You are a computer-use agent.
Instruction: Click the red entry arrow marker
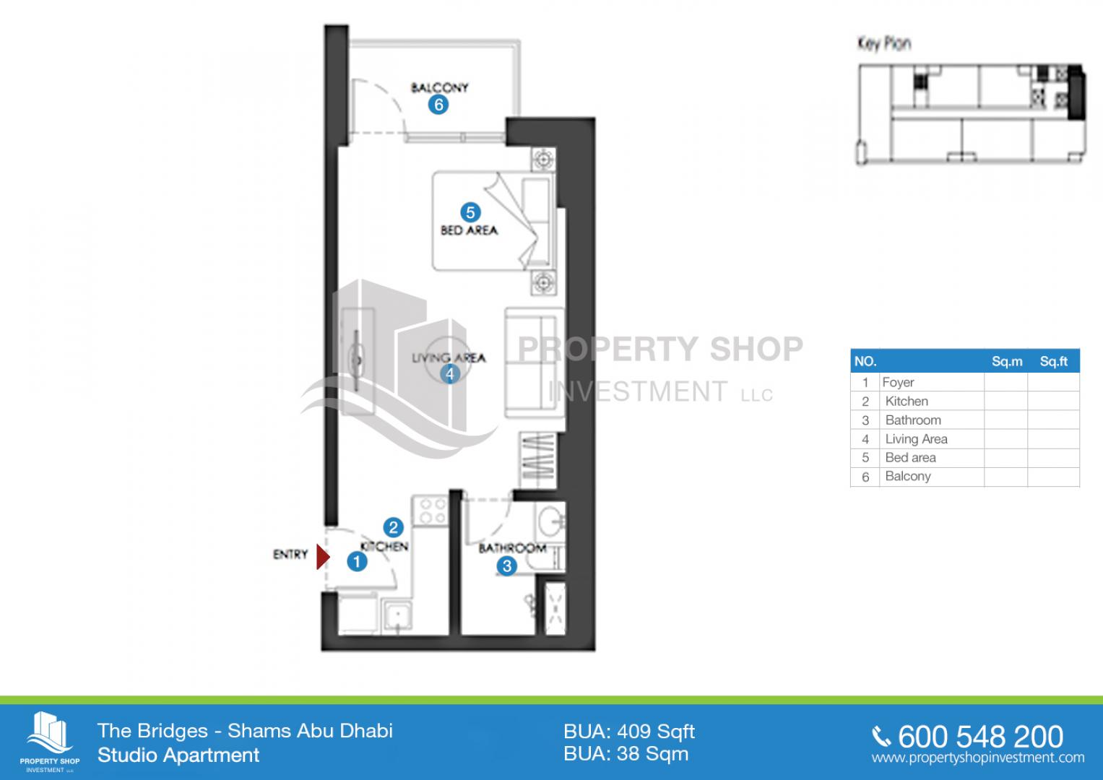[x=323, y=557]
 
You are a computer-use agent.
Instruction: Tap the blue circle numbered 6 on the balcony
[x=438, y=105]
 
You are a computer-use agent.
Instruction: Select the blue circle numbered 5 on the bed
[x=470, y=212]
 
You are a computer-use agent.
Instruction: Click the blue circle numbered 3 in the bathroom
[x=506, y=566]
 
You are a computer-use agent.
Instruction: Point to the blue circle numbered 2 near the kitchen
[x=393, y=527]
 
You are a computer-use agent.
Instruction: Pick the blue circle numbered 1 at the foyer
[x=357, y=561]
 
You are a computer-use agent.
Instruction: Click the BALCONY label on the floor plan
[x=439, y=87]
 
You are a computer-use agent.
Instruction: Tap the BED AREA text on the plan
[x=470, y=230]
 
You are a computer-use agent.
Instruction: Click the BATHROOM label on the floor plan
[x=513, y=547]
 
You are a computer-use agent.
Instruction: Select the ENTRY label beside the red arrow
[x=290, y=555]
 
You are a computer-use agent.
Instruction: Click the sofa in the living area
[x=535, y=363]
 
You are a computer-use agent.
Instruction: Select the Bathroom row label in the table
[x=913, y=420]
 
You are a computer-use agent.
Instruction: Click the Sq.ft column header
[x=1053, y=361]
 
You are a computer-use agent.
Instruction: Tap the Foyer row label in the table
[x=898, y=382]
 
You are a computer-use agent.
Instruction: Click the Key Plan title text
[x=884, y=43]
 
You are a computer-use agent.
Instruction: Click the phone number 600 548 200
[x=980, y=736]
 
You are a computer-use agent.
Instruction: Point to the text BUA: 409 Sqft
[x=629, y=732]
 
